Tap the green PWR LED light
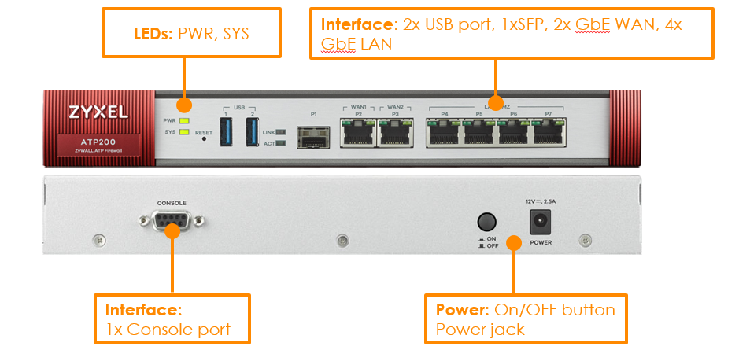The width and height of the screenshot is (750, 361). pos(184,121)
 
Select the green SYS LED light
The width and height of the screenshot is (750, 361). pos(184,132)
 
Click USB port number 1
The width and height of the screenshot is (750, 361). pos(226,131)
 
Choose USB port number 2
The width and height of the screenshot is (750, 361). pos(253,131)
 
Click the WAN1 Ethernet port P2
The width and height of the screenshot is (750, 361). pos(358,133)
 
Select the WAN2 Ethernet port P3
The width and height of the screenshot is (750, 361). pos(396,133)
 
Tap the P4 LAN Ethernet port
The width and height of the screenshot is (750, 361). pos(444,133)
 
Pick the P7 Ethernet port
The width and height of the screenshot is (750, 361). pos(549,133)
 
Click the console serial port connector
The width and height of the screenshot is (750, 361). pos(172,223)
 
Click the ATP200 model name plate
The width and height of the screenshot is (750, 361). pos(98,146)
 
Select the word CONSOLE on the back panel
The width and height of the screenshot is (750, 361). pos(172,203)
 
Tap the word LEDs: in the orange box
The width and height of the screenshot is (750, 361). pos(155,34)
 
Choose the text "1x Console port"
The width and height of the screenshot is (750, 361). pos(168,329)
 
